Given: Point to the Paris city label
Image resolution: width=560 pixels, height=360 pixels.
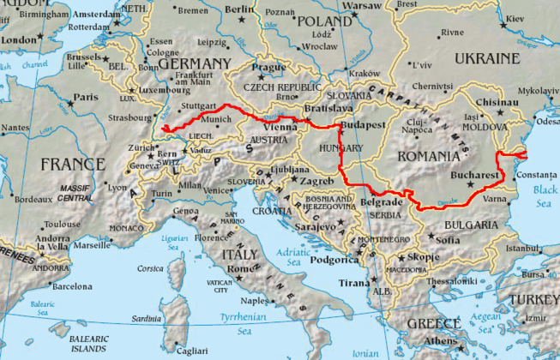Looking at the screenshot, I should coord(86,97).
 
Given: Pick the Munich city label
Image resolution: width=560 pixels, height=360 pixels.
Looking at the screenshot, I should coord(217,119).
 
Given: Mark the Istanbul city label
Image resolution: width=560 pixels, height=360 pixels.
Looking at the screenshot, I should coord(522,249).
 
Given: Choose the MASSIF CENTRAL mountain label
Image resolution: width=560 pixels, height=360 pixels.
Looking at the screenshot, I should coord(76,191).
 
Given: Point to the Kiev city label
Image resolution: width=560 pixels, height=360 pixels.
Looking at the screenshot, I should coord(539,18).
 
